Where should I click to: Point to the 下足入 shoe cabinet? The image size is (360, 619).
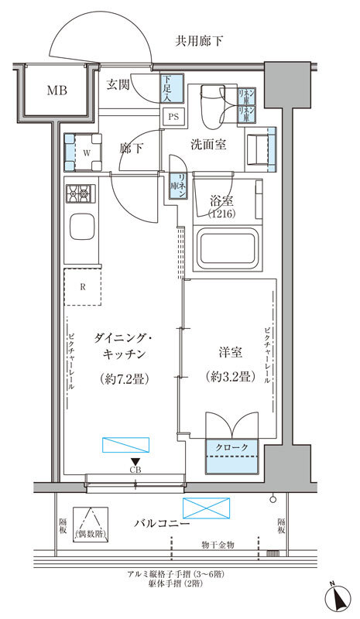[170, 87]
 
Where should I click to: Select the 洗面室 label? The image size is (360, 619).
[209, 145]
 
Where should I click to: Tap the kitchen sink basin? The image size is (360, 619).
[82, 228]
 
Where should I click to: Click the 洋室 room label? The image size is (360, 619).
[231, 353]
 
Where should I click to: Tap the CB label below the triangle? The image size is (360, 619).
[135, 470]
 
